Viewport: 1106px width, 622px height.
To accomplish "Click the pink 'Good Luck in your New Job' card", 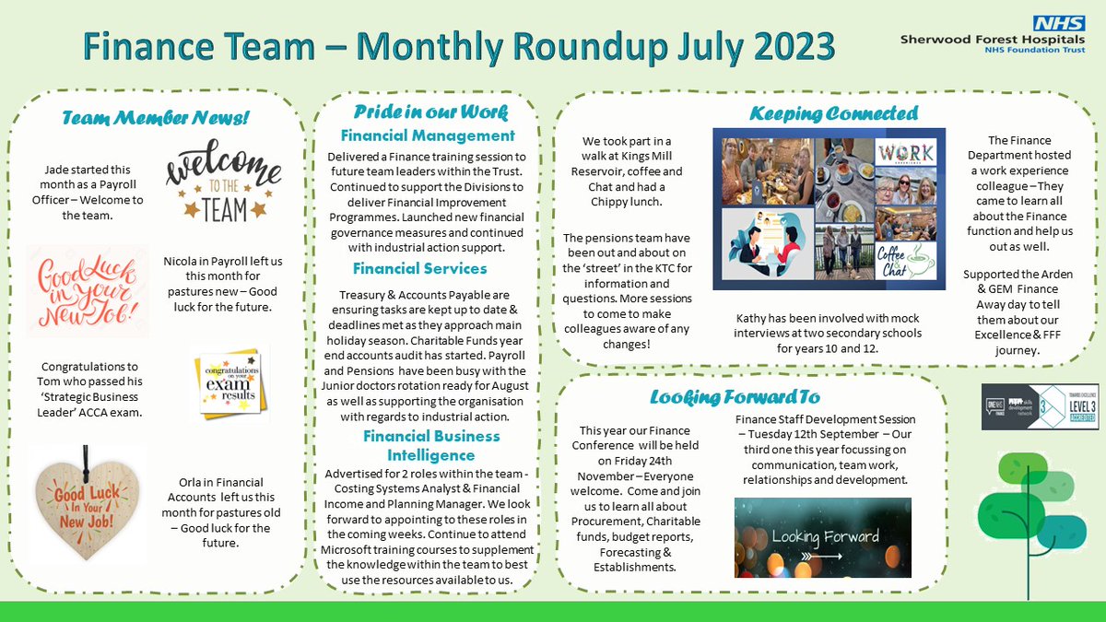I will (x=88, y=290).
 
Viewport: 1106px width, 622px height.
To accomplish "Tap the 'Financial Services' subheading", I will (x=419, y=268).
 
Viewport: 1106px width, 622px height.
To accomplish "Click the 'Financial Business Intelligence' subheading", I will (x=419, y=445).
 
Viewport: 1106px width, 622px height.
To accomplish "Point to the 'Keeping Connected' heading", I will (x=833, y=113).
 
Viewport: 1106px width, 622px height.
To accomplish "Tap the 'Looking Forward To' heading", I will (x=734, y=397).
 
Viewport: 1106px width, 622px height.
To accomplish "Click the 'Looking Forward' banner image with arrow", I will (x=822, y=537).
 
